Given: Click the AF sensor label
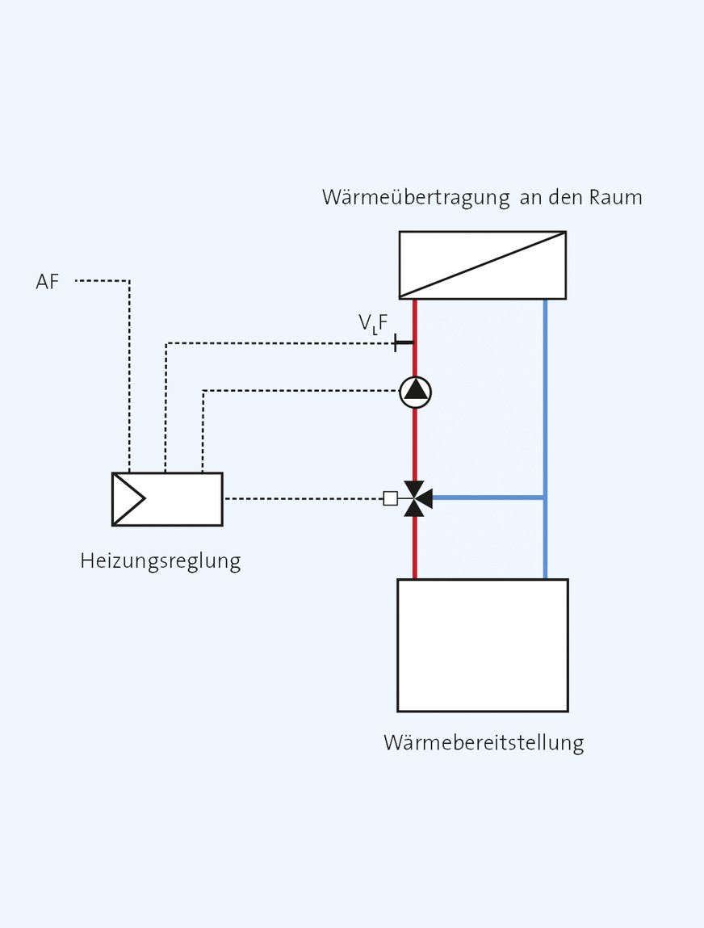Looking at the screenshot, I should [x=48, y=282].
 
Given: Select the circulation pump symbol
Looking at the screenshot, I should [x=416, y=392].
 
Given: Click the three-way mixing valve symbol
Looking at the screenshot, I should [x=416, y=498].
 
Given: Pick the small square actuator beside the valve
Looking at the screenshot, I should [x=390, y=498].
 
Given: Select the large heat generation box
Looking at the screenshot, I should [x=482, y=645].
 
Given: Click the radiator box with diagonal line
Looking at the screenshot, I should [x=482, y=265].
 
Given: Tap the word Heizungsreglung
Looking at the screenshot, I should [x=160, y=561].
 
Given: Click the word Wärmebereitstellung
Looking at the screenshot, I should [x=483, y=742].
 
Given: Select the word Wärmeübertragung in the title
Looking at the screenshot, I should [x=416, y=197].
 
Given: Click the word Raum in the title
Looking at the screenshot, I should [x=616, y=197].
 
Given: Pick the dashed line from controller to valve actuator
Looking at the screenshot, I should [x=303, y=498].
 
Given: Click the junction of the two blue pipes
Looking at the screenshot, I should [x=545, y=498].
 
